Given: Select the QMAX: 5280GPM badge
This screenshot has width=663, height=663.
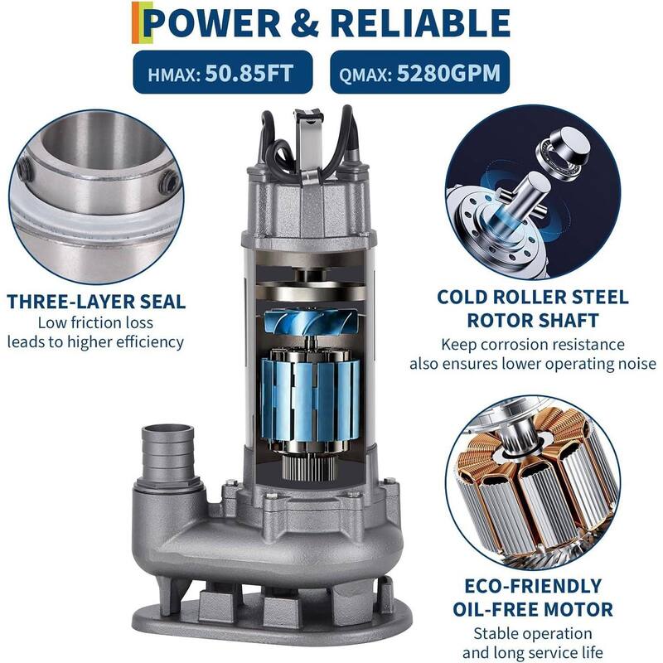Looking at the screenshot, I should click(x=420, y=74).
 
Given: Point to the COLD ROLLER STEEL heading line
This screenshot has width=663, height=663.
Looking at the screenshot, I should click(x=533, y=297).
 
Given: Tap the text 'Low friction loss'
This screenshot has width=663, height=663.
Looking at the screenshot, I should click(x=95, y=322).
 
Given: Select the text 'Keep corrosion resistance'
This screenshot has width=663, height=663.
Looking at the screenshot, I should click(x=533, y=344).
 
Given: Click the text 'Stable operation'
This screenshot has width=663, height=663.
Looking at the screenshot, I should click(x=533, y=634).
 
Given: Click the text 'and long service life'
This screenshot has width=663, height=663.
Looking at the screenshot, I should click(x=533, y=652).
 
